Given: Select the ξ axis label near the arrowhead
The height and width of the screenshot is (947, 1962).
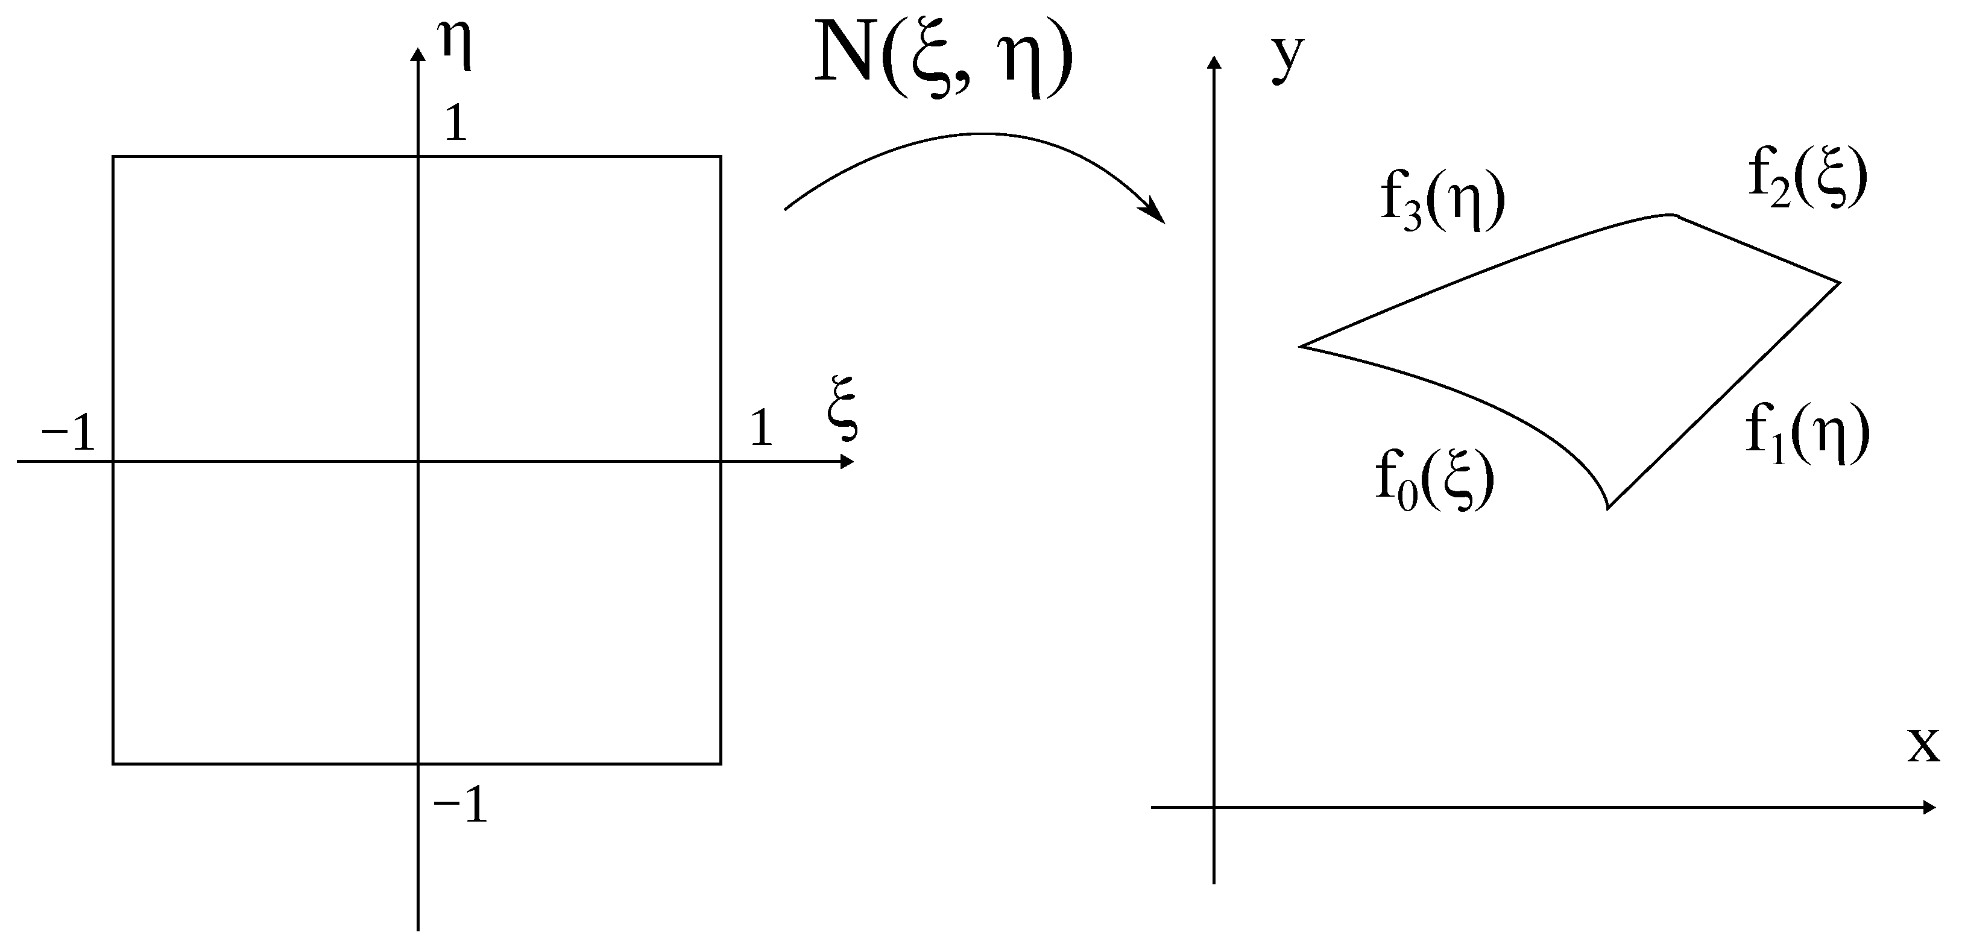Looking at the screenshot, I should pos(842,408).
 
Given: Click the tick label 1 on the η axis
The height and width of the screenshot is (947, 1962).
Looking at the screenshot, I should pos(455,124).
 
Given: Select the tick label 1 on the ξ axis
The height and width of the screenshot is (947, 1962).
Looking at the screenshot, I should pos(761,428).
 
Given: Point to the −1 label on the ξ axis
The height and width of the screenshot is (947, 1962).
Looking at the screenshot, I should pos(69,435).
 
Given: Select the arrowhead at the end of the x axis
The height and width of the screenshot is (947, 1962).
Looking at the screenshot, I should pos(1929,807).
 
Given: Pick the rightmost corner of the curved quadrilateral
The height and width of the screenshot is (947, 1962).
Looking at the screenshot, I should pos(1840,283).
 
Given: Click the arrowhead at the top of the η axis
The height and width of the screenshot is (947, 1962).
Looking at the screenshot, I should pos(417,53).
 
